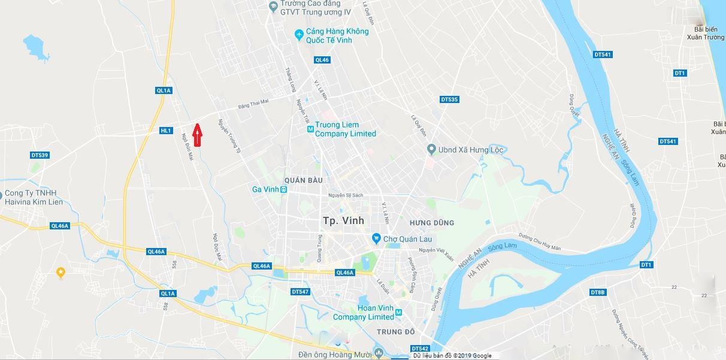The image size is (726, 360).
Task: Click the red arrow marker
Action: (x=197, y=134)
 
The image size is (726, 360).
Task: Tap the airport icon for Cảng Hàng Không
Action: (x=299, y=35)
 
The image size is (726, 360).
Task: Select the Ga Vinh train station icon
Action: (x=284, y=189)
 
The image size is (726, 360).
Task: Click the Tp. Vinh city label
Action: (x=343, y=220)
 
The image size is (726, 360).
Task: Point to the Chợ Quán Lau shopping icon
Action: (x=376, y=239)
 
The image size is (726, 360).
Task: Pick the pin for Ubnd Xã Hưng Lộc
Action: (x=431, y=149)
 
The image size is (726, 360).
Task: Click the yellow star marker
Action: (x=60, y=273)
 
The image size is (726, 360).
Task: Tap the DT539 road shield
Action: (x=40, y=155)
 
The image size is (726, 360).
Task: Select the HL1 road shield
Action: (x=166, y=131)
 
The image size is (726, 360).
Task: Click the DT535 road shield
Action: (x=449, y=99)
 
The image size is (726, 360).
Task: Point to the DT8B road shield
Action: (x=598, y=292)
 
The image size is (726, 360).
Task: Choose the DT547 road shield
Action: (x=300, y=292)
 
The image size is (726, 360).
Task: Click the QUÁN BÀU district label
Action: (x=304, y=180)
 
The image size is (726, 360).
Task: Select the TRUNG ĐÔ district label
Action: (x=396, y=332)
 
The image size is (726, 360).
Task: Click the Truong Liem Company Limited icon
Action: (x=310, y=129)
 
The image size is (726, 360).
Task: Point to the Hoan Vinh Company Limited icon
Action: (x=398, y=313)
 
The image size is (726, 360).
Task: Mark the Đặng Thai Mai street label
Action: (x=253, y=104)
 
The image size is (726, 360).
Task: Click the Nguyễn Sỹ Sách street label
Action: (x=346, y=195)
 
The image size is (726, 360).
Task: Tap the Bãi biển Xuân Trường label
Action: (x=706, y=33)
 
